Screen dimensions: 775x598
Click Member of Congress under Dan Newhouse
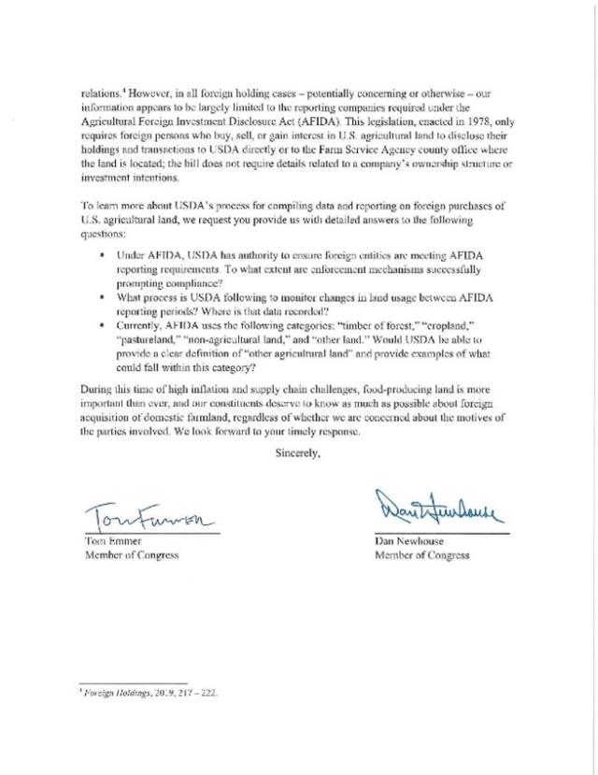click(x=422, y=555)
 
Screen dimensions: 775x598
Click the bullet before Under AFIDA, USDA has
click(x=102, y=255)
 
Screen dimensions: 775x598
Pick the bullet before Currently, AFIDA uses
click(x=102, y=323)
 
